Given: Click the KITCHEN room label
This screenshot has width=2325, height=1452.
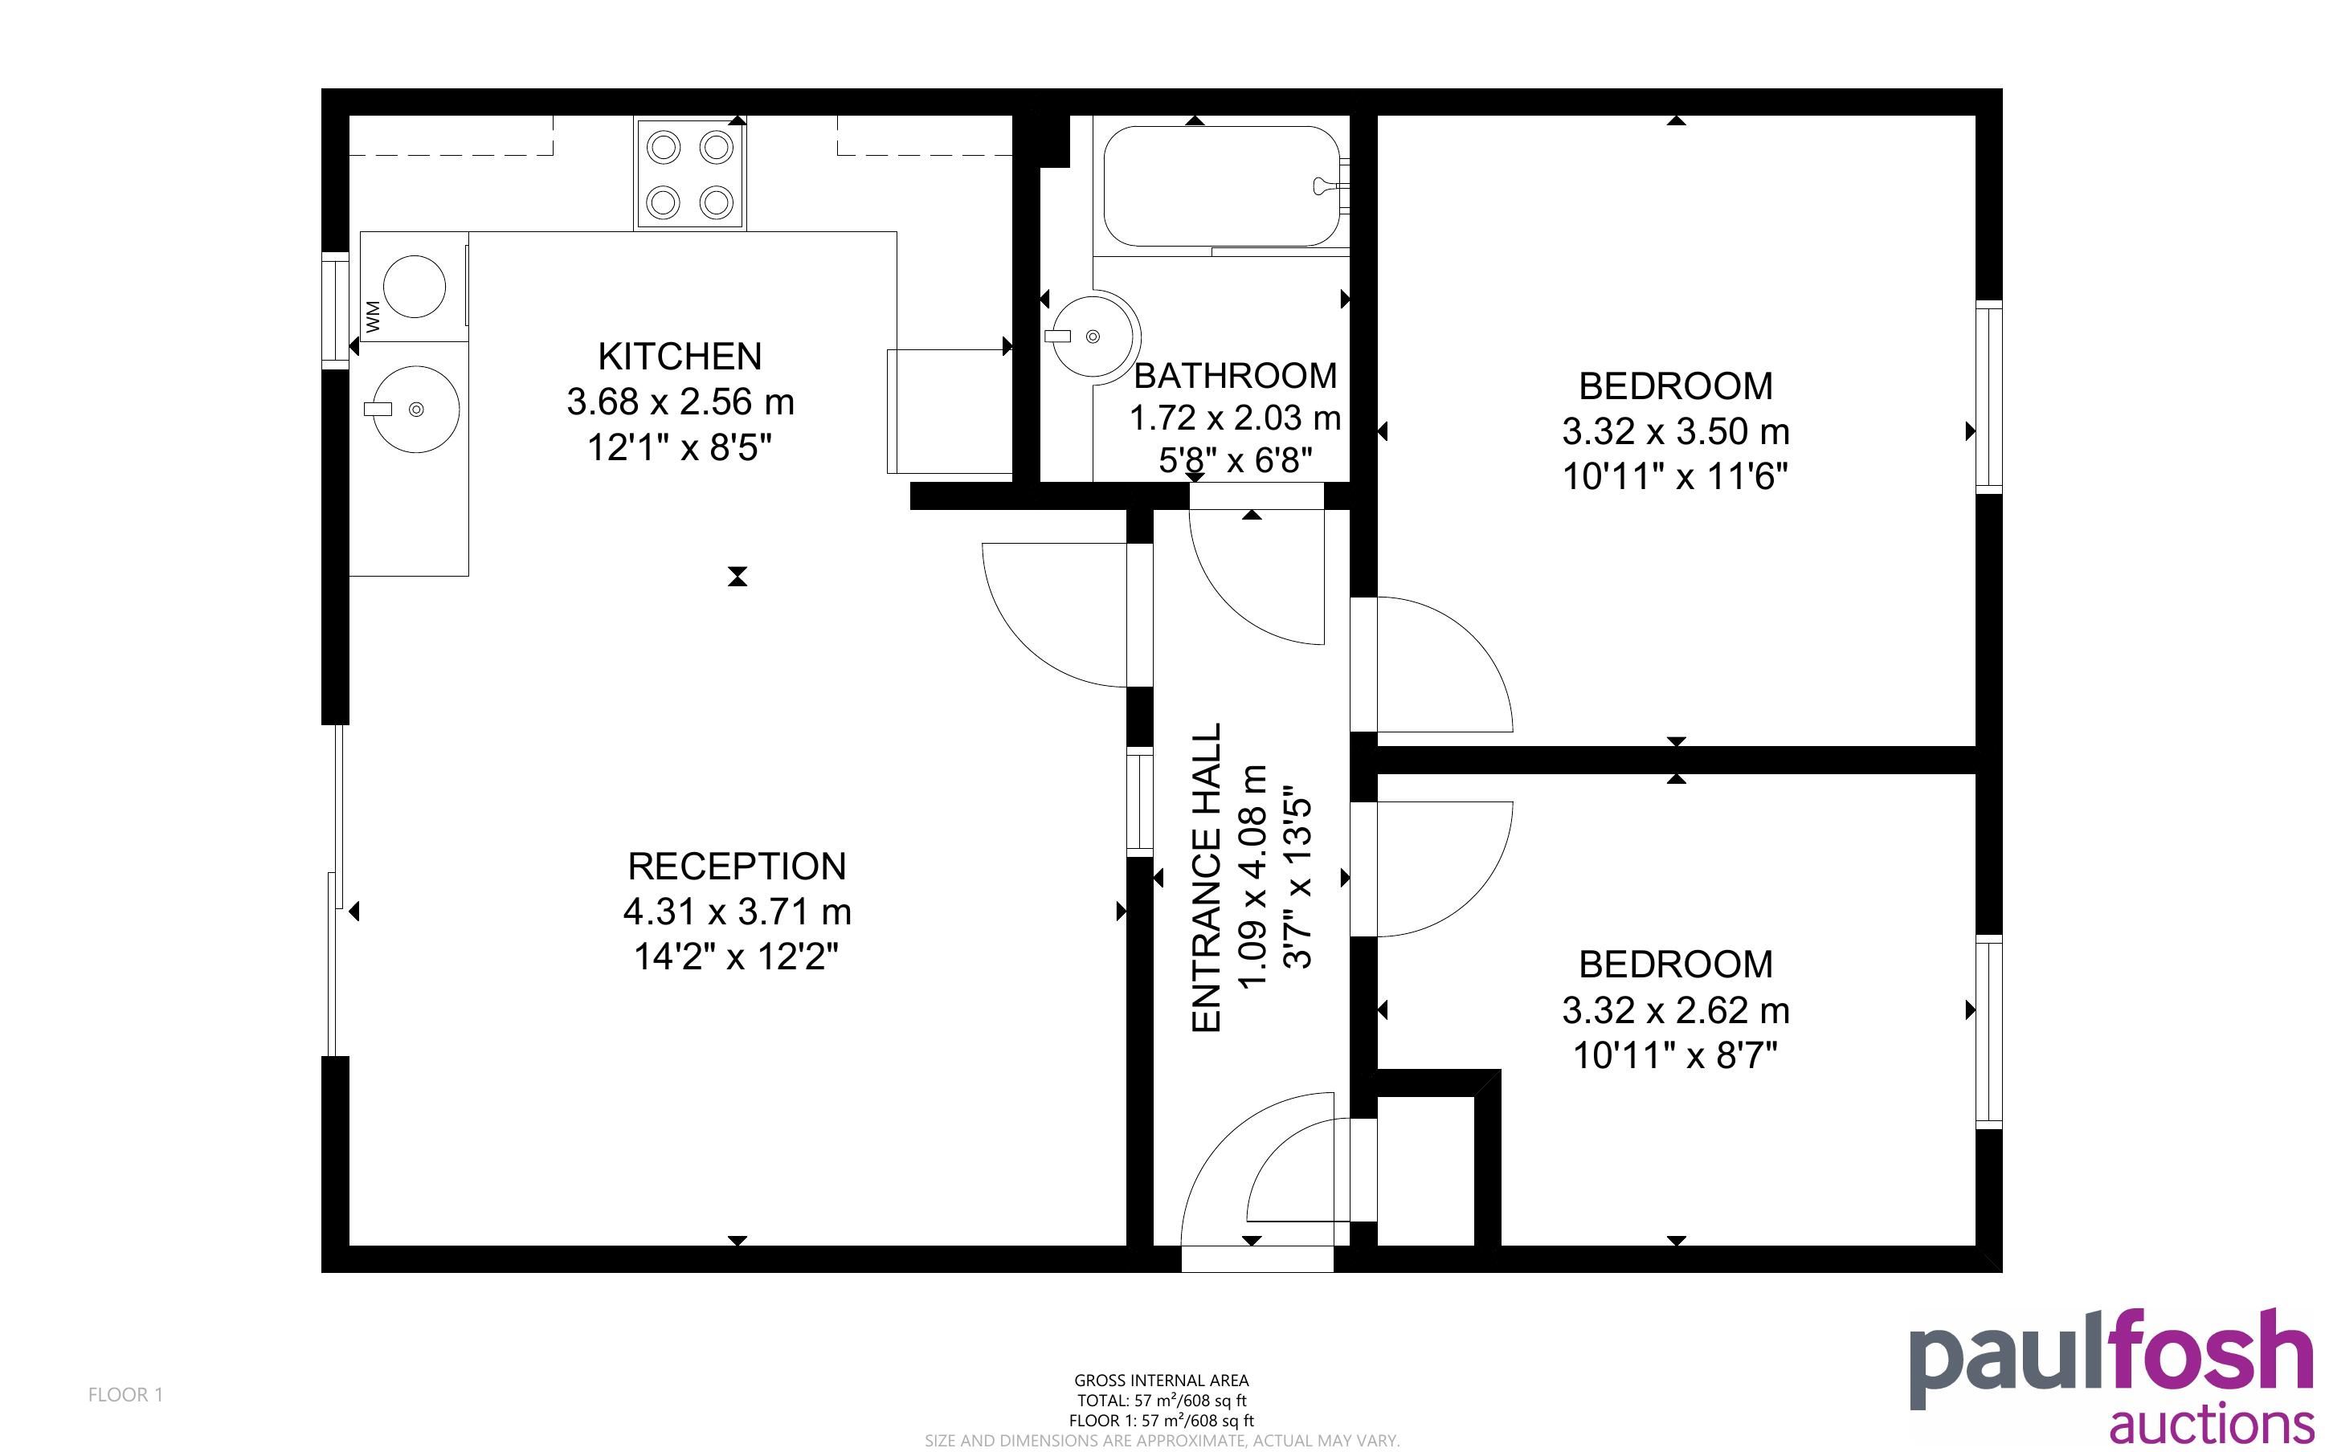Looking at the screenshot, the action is click(x=680, y=357).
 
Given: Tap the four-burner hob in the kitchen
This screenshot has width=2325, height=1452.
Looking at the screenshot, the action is click(x=689, y=173).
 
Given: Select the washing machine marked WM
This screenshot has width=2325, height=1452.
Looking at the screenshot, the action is click(x=414, y=286).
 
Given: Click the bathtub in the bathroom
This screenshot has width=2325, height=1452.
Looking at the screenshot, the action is click(x=1222, y=187).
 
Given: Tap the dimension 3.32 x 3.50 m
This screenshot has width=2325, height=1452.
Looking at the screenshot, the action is click(x=1676, y=431).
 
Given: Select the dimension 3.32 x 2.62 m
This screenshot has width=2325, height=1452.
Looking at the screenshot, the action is click(x=1676, y=1010).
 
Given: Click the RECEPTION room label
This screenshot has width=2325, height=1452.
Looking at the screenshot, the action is click(x=738, y=867).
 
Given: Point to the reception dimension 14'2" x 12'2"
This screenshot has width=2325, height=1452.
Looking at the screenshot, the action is click(x=737, y=956).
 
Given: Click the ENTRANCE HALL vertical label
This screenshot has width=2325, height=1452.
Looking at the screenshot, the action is click(x=1206, y=878).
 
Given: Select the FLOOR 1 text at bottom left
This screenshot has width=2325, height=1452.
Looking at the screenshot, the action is click(x=126, y=1394).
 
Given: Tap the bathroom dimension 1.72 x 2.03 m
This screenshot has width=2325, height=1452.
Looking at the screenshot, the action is click(x=1235, y=418).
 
